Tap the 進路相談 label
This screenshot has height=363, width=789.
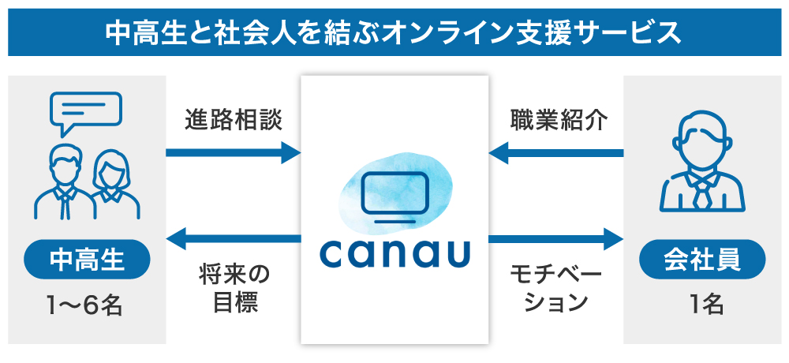[233, 120]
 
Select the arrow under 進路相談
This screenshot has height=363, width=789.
[233, 152]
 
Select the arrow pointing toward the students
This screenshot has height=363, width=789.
[234, 238]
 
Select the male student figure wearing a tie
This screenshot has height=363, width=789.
[63, 183]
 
